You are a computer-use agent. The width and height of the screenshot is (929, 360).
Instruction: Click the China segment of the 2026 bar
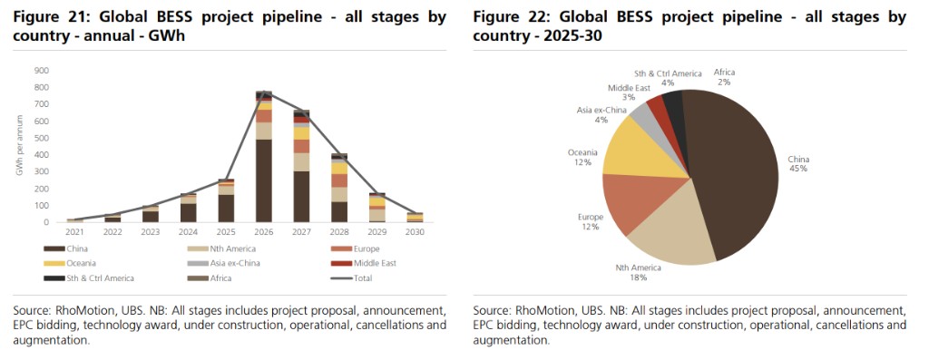pos(264,180)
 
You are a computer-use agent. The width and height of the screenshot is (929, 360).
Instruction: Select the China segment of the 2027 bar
pos(301,197)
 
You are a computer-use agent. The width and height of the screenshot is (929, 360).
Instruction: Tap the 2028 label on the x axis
pos(339,232)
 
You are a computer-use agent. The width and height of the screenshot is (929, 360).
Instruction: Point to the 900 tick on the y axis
pos(42,71)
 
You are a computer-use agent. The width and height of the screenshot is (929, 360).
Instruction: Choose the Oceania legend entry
pos(69,264)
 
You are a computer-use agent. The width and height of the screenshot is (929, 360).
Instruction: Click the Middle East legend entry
pos(367,264)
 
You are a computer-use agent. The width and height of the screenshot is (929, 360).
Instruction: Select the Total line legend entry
pos(352,277)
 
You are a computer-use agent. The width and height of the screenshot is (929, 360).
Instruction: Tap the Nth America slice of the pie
pos(670,228)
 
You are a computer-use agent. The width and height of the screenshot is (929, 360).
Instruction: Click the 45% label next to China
pos(798,168)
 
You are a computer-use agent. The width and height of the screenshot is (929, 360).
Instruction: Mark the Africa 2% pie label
pos(724,77)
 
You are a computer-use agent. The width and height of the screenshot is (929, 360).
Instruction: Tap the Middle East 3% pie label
pos(629,92)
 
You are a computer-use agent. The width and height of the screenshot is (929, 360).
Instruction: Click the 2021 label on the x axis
pos(75,232)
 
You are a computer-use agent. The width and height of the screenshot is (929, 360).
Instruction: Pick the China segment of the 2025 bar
pos(226,209)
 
